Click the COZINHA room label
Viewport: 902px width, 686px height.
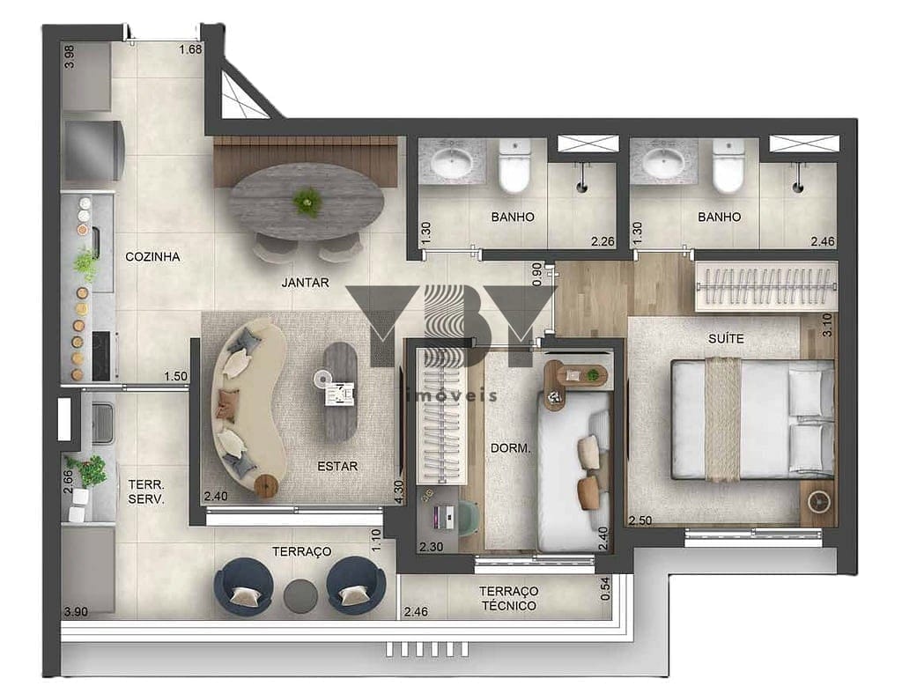[x=152, y=256]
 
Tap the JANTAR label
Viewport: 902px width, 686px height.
[x=305, y=283]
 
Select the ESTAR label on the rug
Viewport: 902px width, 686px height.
[x=337, y=466]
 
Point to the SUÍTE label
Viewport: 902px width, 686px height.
[x=726, y=338]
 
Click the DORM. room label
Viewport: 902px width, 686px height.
[x=510, y=447]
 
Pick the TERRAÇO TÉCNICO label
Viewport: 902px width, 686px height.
[x=509, y=598]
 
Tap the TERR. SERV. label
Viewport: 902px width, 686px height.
[x=146, y=492]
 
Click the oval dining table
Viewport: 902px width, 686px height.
[x=306, y=202]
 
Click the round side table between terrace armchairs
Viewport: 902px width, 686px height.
[x=300, y=596]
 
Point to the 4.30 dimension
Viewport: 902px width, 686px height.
[x=399, y=492]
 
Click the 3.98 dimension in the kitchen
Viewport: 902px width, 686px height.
[x=69, y=56]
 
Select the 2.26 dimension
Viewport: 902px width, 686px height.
[x=603, y=241]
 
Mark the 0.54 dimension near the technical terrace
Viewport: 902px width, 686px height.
[x=605, y=589]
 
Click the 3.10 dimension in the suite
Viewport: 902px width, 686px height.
[x=827, y=325]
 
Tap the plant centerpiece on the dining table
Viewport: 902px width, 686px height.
[x=307, y=202]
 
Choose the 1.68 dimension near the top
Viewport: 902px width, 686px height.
[x=190, y=49]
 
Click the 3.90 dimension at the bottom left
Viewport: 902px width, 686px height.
[x=76, y=612]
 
